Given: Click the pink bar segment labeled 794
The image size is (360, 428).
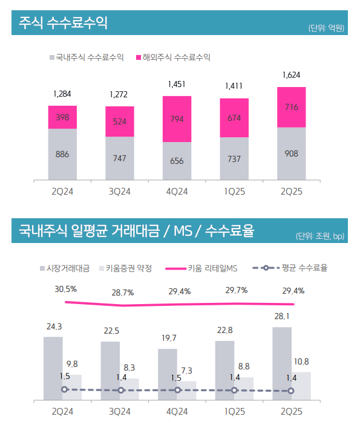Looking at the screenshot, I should click(177, 119).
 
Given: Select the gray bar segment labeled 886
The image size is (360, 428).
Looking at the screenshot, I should click(62, 154).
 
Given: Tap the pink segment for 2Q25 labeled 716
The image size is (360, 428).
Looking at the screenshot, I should click(291, 107).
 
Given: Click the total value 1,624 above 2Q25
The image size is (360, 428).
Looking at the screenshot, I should click(291, 76).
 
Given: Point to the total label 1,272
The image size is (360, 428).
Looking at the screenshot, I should click(119, 94).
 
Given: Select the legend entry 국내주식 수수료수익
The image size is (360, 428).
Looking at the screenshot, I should click(87, 57).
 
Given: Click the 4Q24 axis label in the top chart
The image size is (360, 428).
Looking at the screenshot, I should click(177, 192).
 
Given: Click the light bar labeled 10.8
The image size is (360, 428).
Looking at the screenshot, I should click(301, 385).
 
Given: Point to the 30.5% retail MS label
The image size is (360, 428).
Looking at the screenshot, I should click(65, 289).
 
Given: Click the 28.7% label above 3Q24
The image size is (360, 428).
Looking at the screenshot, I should click(122, 293).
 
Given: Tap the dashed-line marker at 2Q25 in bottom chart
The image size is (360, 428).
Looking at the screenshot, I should click(292, 391).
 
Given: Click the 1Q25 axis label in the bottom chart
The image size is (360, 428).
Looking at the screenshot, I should click(234, 411).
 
